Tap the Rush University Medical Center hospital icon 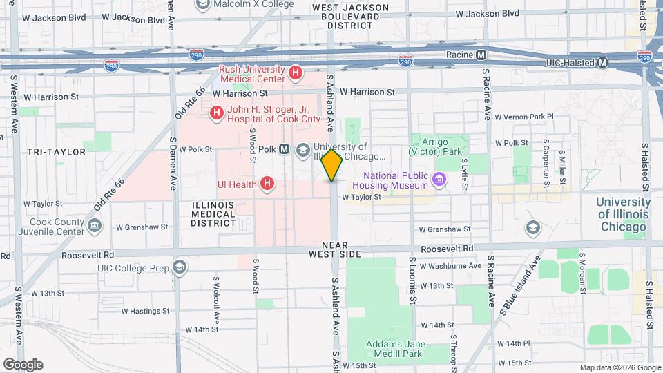click(296, 72)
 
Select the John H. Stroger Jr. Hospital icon click(217, 112)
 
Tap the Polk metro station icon click(284, 150)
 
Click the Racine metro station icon click(481, 55)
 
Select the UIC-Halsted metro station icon click(603, 62)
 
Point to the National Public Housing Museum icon click(438, 181)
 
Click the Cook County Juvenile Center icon click(95, 224)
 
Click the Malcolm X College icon click(204, 6)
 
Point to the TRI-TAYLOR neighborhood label click(57, 151)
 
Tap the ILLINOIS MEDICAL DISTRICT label click(213, 213)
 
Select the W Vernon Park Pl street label click(524, 117)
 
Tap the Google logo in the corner click(23, 365)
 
